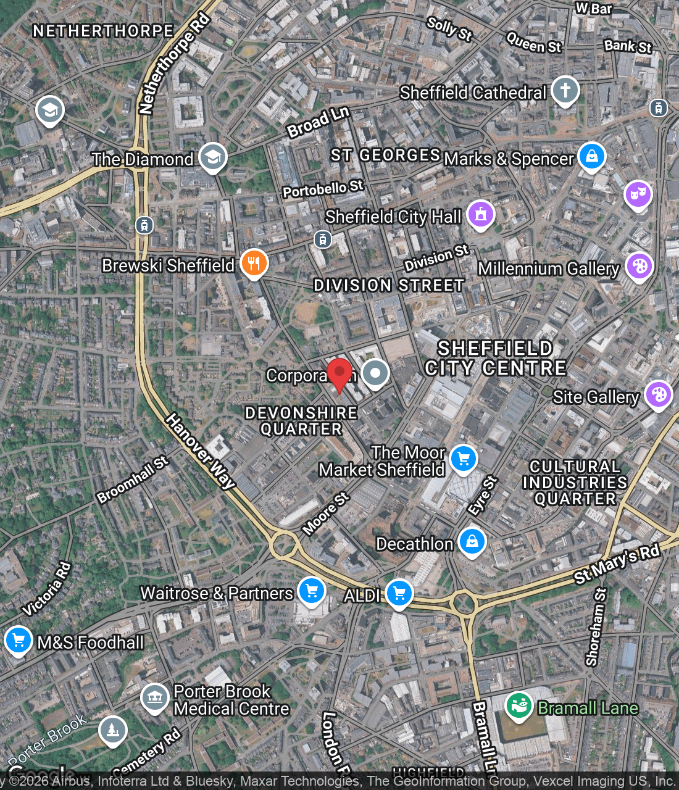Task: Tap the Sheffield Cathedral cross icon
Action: pos(565,90)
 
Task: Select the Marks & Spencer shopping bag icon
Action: pos(592,156)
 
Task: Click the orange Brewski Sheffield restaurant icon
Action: pos(254,264)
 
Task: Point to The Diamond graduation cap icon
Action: pos(212,157)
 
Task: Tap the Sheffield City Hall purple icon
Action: pos(481,214)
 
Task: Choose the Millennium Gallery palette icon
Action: pos(639,266)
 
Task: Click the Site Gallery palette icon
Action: pos(659,394)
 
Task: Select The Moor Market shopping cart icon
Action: pos(464,459)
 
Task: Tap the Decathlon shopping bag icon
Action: pos(472,541)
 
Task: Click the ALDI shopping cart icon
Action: pos(399,593)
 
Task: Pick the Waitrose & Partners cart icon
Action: pos(312,591)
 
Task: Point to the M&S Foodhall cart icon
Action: pos(19,640)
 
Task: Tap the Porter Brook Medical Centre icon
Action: pos(154,698)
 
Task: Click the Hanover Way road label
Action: pos(200,452)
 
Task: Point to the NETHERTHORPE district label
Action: pos(103,31)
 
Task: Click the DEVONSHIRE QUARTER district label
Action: pos(301,421)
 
